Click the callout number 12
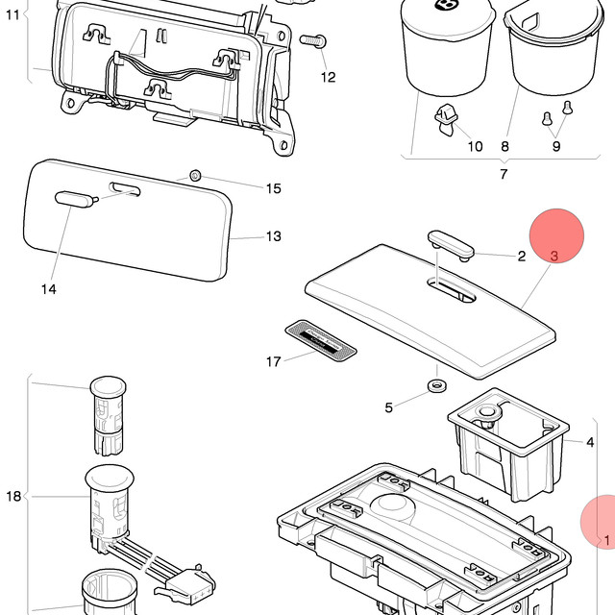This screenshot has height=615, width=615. coord(329,77)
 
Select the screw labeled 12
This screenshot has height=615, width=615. coord(313,40)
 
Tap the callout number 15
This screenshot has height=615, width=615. coord(274,188)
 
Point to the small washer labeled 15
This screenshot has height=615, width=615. coord(195,175)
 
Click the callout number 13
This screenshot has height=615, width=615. coord(274,236)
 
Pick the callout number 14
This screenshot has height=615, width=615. coord(49,289)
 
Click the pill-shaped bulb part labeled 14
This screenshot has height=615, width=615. coord(77,199)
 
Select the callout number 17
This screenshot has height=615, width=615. coord(274,361)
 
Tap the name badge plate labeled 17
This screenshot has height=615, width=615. coord(321,341)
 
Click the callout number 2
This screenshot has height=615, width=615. coord(522,257)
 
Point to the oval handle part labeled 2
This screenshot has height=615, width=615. coord(451,246)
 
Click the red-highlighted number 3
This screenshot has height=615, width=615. coord(553,257)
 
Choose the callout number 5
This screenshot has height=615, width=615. coord(388,407)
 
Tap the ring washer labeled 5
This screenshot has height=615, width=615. coord(437,386)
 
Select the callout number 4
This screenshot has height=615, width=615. coord(590,442)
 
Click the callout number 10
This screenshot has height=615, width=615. coord(475,146)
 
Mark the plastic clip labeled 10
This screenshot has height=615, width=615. coord(446,119)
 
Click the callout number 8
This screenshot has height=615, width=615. coord(505,146)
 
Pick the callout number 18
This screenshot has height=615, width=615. coord(13,497)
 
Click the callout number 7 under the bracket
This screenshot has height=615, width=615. coord(504,174)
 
